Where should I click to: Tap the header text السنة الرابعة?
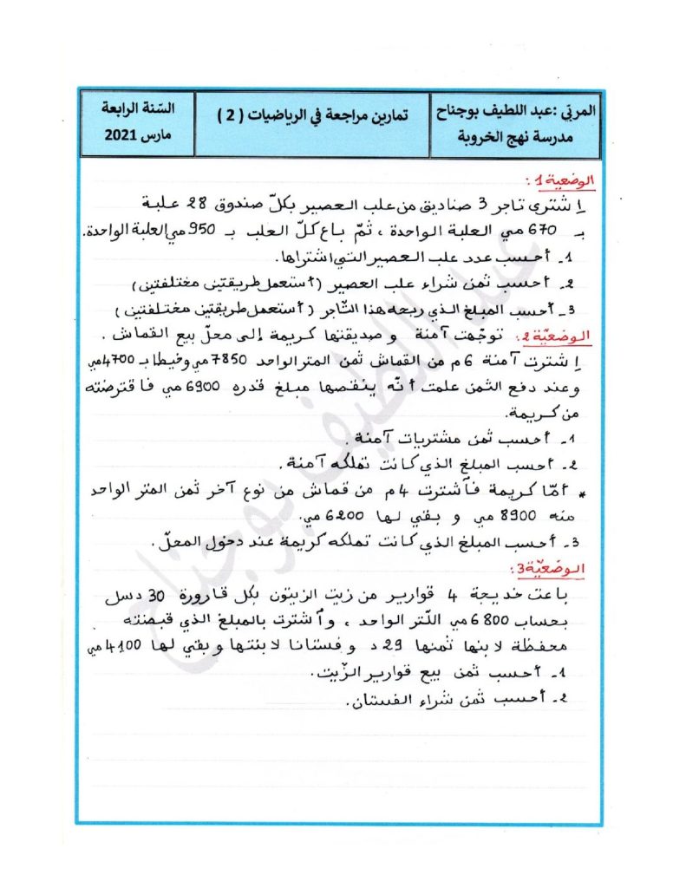(136, 110)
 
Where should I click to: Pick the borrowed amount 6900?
(488, 383)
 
